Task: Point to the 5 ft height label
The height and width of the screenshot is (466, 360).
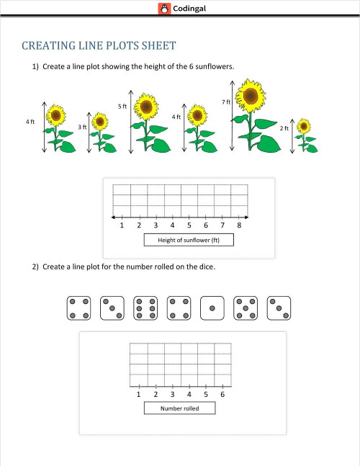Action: click(122, 106)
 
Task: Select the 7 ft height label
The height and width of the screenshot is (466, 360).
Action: click(225, 102)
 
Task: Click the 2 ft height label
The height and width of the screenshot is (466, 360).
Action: click(284, 127)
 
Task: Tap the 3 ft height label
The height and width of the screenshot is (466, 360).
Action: click(82, 126)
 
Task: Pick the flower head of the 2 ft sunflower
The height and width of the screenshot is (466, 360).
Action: click(304, 126)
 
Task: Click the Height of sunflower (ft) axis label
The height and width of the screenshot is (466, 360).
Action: click(188, 240)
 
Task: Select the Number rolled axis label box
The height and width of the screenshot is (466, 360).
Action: click(179, 408)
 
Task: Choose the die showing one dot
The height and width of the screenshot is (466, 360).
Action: click(212, 308)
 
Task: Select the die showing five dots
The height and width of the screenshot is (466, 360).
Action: click(245, 308)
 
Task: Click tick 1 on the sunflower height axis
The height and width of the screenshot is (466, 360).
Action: click(122, 225)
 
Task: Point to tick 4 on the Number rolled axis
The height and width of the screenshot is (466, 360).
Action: click(189, 394)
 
